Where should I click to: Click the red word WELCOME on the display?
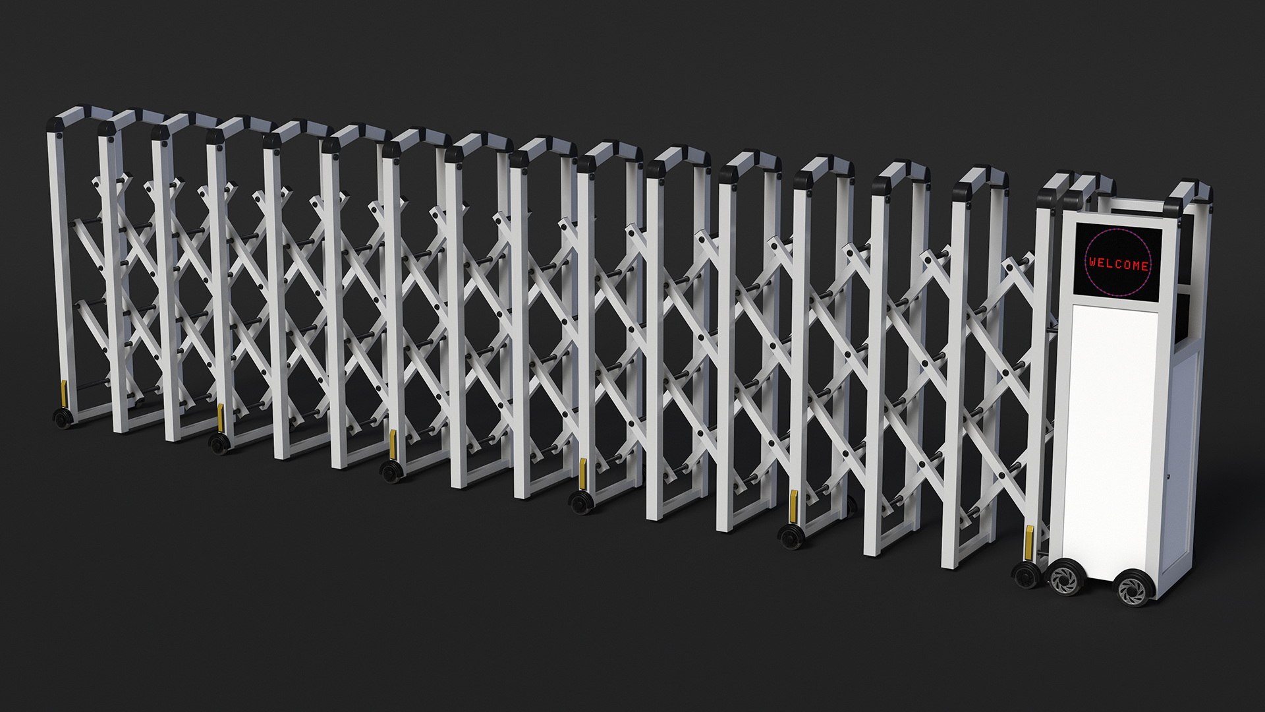coord(1118,265)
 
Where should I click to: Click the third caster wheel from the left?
coord(393,472)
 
